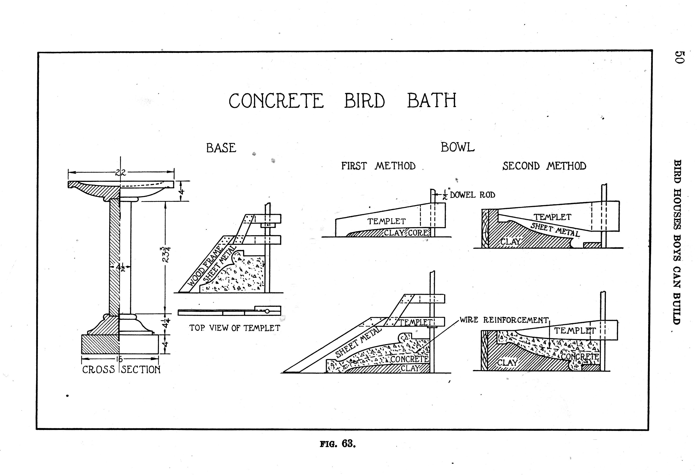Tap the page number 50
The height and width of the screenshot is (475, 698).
pyautogui.click(x=679, y=57)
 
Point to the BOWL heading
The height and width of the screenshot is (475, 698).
pyautogui.click(x=457, y=147)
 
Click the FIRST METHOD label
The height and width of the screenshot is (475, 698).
pyautogui.click(x=378, y=166)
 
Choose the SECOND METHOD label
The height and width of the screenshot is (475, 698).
pyautogui.click(x=544, y=166)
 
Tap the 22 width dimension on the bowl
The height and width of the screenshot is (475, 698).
pyautogui.click(x=121, y=173)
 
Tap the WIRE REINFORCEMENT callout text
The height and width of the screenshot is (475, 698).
pyautogui.click(x=504, y=320)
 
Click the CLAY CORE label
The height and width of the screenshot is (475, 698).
pyautogui.click(x=406, y=233)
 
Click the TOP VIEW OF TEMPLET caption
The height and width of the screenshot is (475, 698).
pyautogui.click(x=234, y=328)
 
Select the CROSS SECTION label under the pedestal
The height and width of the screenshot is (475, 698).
pyautogui.click(x=121, y=369)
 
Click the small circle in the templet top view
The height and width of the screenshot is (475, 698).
pyautogui.click(x=267, y=311)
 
